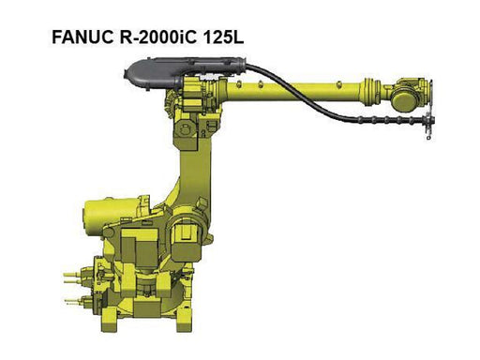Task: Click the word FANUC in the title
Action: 82,37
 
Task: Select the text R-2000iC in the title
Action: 157,37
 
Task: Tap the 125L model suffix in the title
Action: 223,37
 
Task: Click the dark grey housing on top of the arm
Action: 185,70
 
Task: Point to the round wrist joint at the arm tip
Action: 406,99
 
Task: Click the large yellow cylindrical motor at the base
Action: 111,215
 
